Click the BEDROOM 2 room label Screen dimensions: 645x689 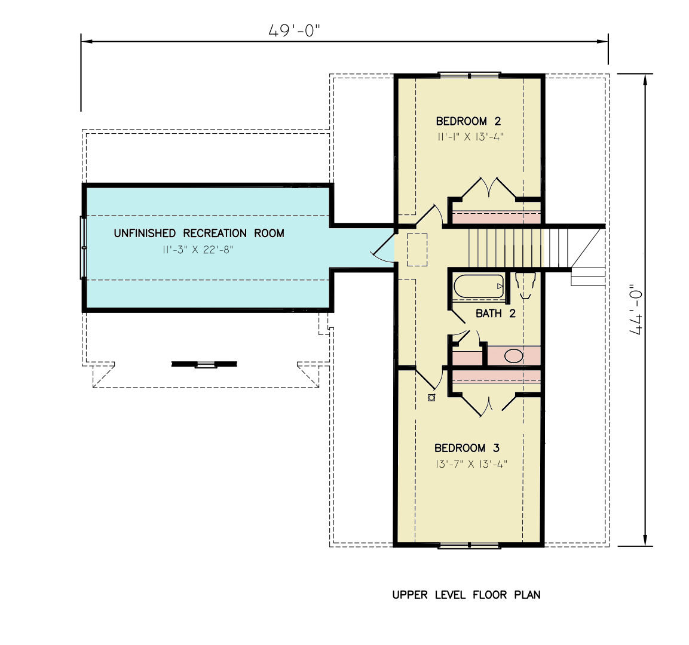[468, 121]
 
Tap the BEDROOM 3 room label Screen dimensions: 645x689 [467, 448]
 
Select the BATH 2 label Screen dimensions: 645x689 [495, 313]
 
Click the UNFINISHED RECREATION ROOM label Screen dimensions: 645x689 [199, 233]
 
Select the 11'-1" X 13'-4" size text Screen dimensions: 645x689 [470, 137]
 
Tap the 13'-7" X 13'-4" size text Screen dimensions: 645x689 [470, 464]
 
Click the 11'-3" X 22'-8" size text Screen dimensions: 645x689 [197, 250]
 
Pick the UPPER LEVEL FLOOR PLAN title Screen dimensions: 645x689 [466, 595]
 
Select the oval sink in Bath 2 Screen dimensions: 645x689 [514, 356]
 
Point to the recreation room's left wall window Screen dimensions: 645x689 [84, 247]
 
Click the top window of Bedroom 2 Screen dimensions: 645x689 [469, 75]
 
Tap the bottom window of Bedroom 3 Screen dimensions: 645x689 [469, 545]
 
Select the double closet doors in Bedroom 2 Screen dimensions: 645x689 [489, 187]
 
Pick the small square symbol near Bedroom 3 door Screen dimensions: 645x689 [431, 398]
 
